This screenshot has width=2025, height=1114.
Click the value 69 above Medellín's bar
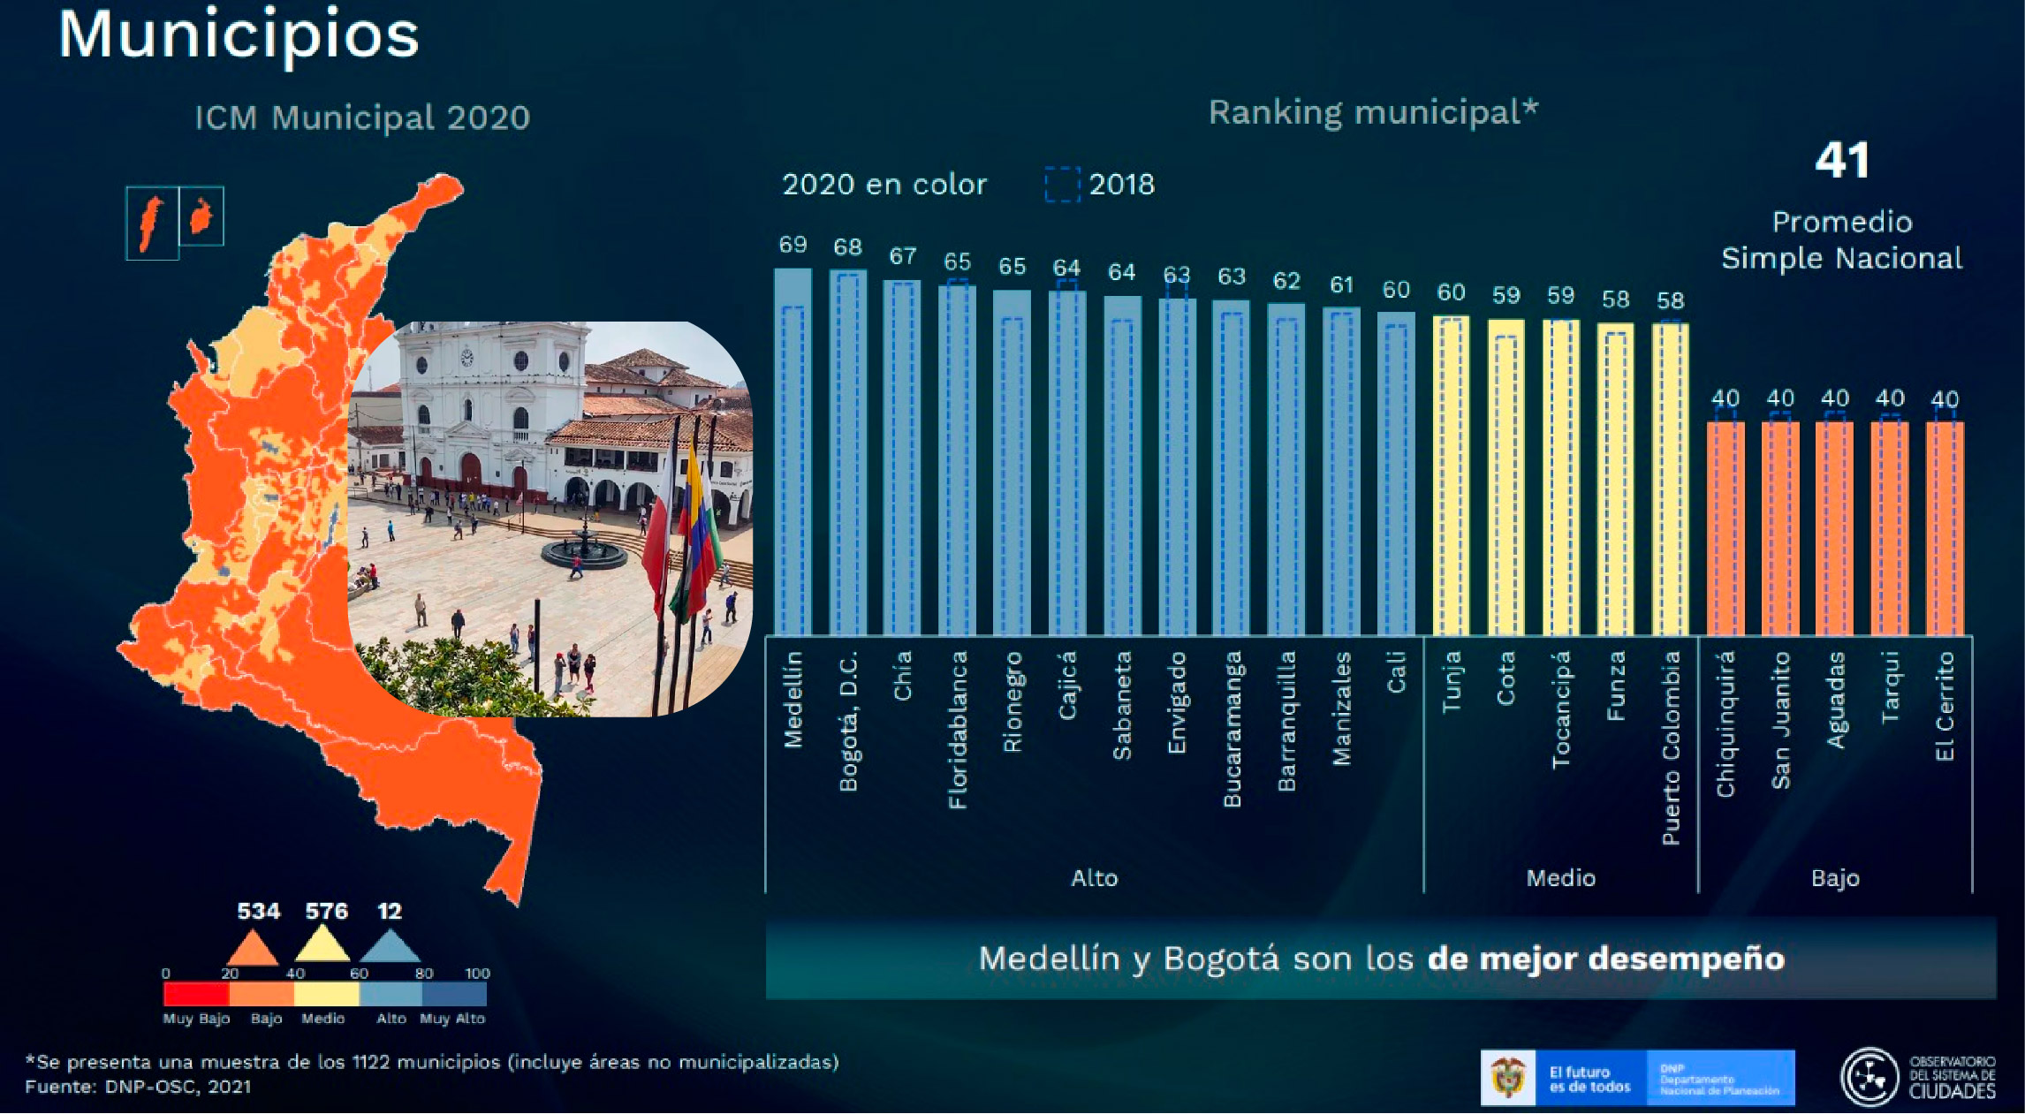[x=793, y=245]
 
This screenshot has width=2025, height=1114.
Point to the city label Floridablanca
[x=958, y=730]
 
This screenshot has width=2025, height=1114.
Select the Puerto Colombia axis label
[x=1671, y=747]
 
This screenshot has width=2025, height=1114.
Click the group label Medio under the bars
[x=1560, y=878]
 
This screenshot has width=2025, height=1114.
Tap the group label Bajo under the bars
[x=1835, y=878]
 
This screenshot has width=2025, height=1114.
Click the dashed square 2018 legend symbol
[x=1062, y=185]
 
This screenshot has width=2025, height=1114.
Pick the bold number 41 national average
[x=1842, y=161]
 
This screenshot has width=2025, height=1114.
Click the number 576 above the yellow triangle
[x=326, y=911]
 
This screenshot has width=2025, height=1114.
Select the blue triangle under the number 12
[x=390, y=947]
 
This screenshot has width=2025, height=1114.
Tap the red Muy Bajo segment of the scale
[x=196, y=995]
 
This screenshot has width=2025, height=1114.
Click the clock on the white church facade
[x=466, y=358]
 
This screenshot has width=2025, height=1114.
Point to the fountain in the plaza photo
[x=584, y=549]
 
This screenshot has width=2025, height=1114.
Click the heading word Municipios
[x=239, y=35]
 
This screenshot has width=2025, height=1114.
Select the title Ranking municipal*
[x=1373, y=112]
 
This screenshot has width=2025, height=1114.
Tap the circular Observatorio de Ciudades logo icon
[x=1869, y=1077]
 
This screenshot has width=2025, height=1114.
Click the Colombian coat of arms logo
[x=1508, y=1078]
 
